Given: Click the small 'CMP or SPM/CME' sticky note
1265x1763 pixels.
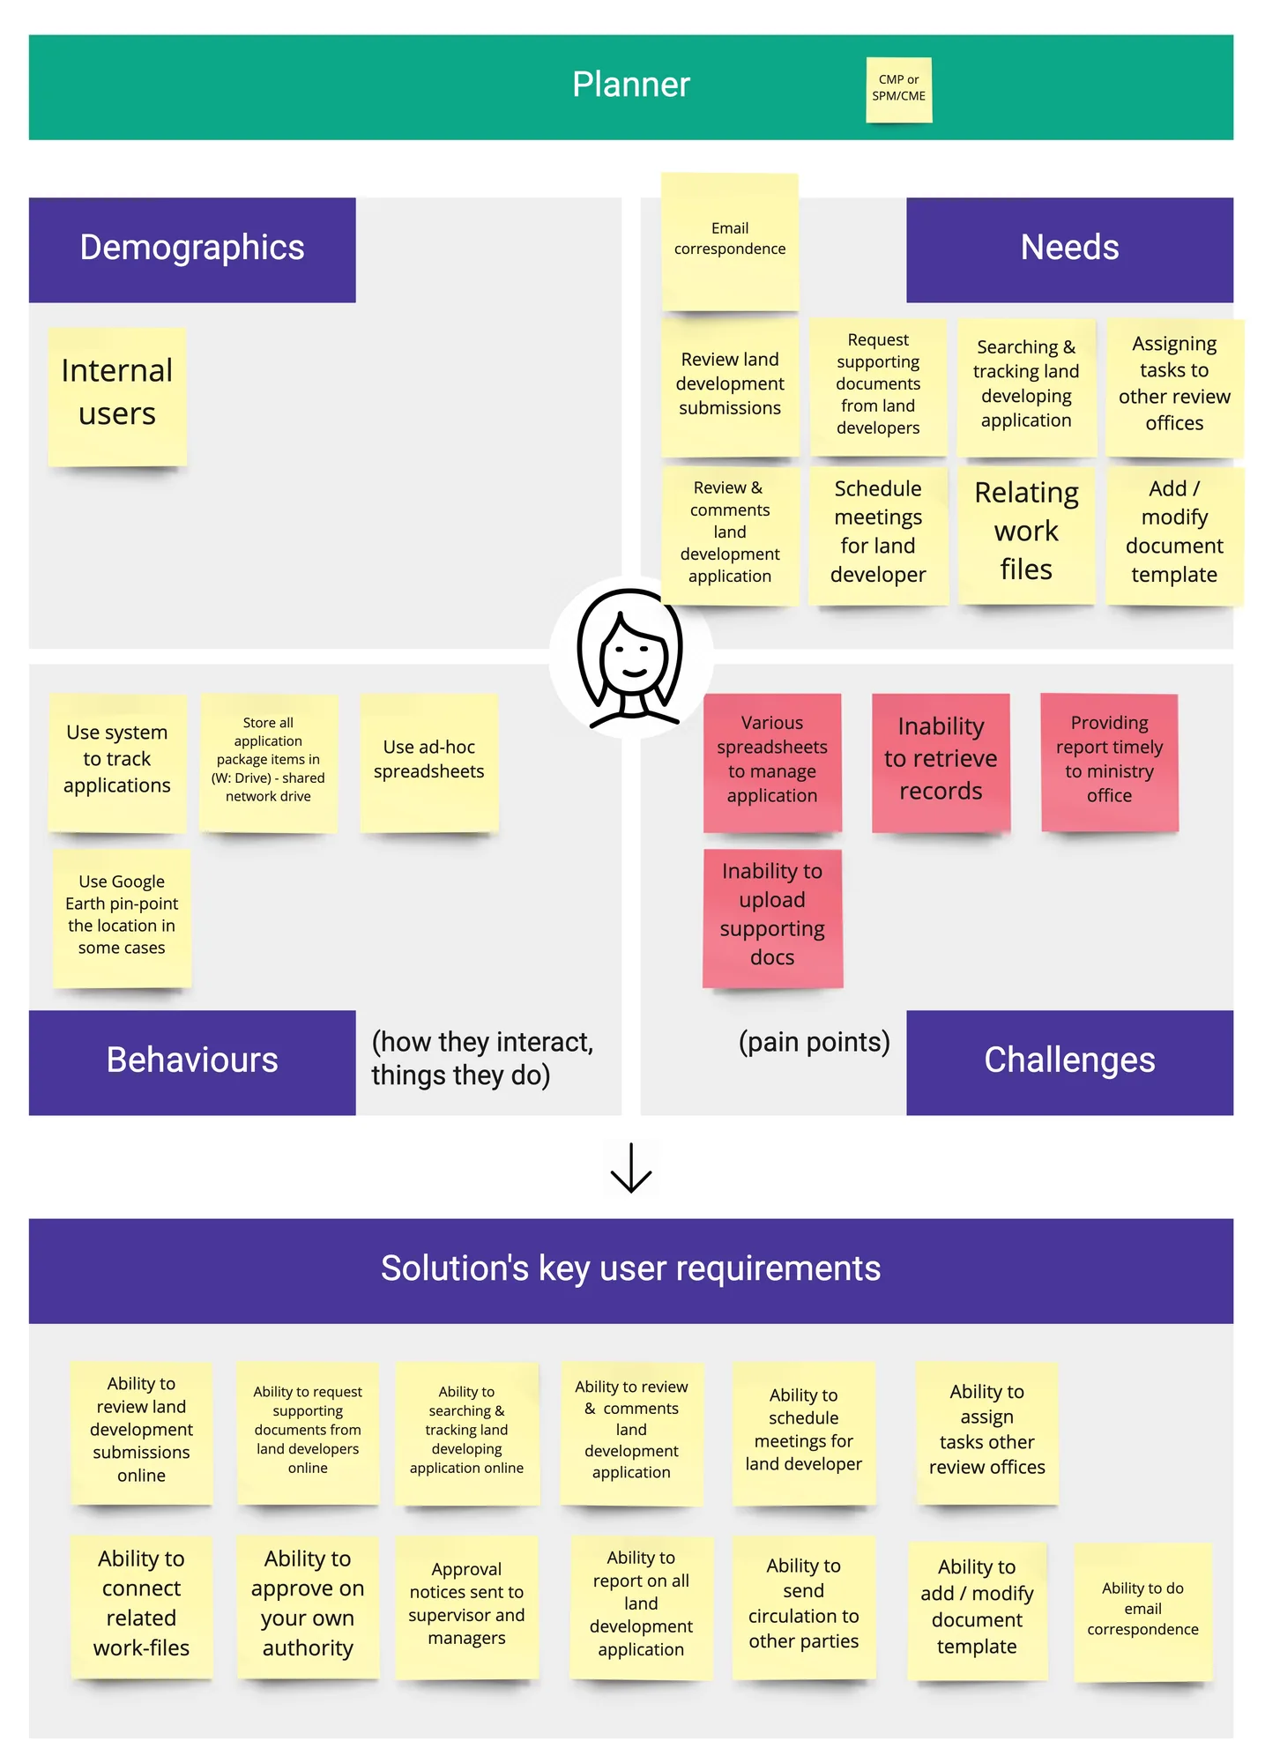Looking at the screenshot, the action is coord(898,89).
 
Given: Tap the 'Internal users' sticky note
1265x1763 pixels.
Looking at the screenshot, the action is coord(117,397).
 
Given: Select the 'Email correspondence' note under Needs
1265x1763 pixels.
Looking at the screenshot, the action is coord(730,242).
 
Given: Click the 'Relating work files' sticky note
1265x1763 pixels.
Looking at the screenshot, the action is coord(1026,535).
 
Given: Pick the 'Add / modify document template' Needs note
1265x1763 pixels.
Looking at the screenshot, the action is coord(1174,535).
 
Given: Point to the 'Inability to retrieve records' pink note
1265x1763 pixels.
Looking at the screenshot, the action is coord(941,762).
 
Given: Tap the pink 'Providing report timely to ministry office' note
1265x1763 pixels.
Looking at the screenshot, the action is coord(1109,762).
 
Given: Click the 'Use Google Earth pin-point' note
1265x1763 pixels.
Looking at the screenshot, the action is coord(122,918).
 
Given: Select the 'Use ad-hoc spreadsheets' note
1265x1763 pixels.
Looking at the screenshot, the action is coord(428,762).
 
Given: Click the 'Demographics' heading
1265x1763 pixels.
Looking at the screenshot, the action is coord(192,249).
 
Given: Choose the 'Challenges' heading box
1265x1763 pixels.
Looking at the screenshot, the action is coord(1069,1062).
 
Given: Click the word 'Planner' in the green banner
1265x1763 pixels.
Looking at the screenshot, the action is coord(631,85).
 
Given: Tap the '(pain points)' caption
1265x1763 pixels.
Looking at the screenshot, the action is coord(814,1042).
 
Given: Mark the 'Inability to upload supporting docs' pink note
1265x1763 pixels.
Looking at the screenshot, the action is coord(772,918).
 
